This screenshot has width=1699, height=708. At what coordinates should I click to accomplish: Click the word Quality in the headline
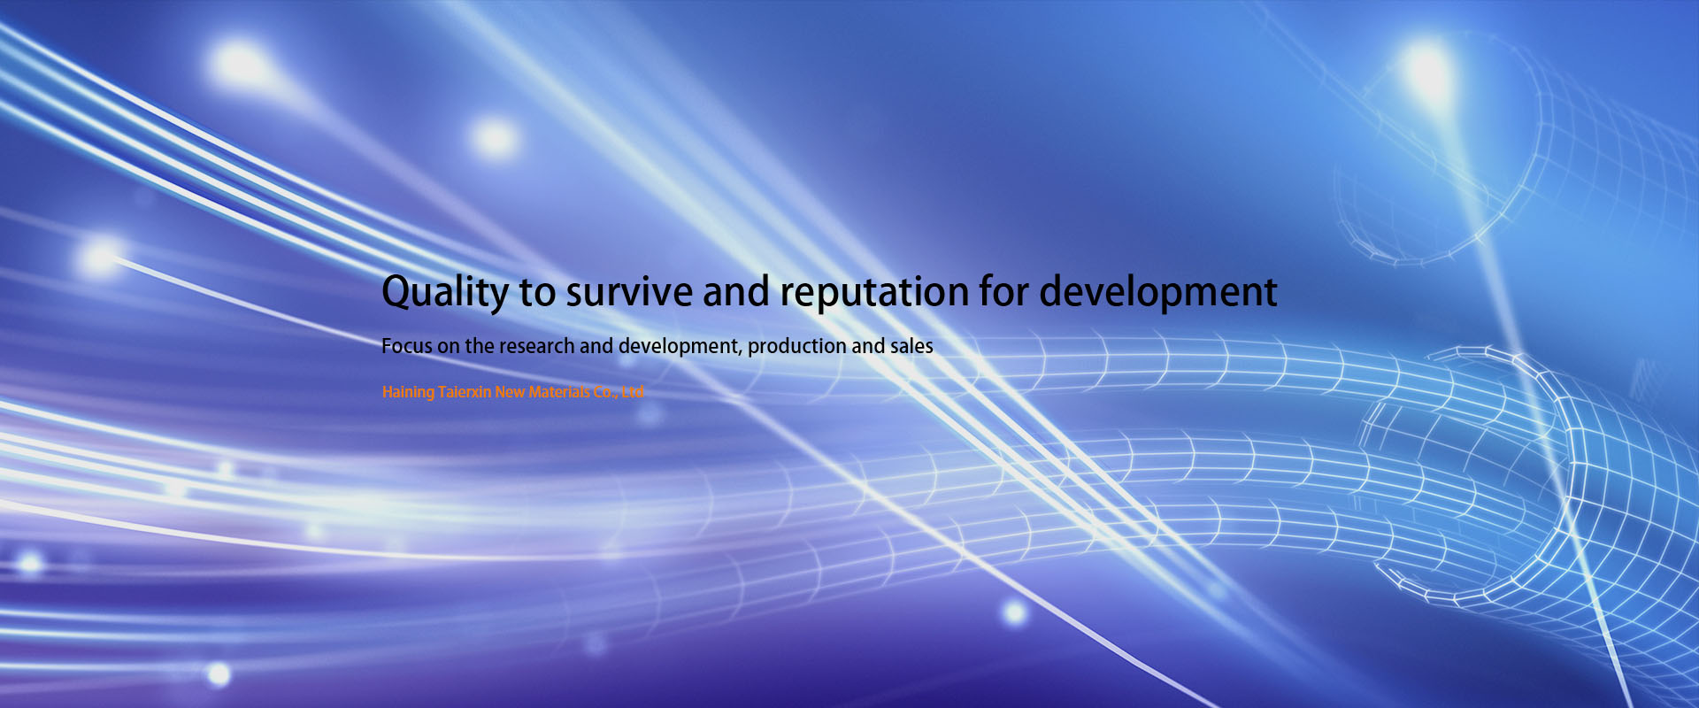(x=445, y=293)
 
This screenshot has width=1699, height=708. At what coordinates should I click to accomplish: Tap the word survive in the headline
(x=629, y=292)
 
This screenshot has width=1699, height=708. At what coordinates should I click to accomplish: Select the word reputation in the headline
(x=873, y=293)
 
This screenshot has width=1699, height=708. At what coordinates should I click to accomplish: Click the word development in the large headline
(x=1157, y=292)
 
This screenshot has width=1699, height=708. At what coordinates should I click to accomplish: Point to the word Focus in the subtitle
(x=407, y=346)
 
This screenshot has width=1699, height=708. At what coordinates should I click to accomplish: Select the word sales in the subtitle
(x=911, y=346)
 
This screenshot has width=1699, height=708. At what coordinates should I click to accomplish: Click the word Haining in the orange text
(x=408, y=392)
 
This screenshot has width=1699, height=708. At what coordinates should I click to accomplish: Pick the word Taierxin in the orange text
(x=465, y=392)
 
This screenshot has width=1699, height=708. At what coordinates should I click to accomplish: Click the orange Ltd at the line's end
(x=633, y=392)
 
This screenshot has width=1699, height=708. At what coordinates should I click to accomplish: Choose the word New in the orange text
(x=510, y=392)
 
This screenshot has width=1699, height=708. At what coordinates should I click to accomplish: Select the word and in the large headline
(x=735, y=292)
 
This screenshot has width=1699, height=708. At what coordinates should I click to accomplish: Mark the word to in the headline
(x=537, y=293)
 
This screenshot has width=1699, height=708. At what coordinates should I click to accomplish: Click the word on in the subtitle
(x=449, y=347)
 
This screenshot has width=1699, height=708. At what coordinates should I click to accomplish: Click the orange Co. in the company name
(x=605, y=392)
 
